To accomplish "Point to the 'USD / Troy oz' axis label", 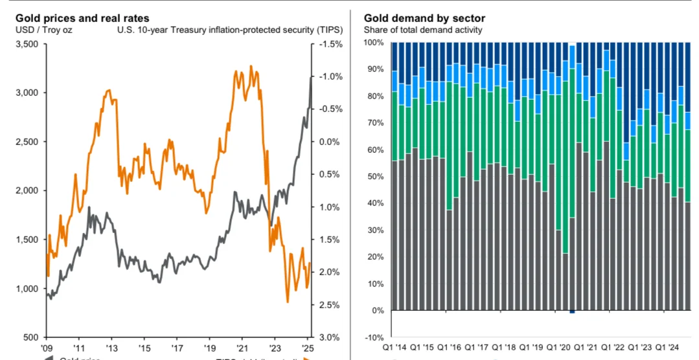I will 38,30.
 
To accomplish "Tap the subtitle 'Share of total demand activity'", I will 422,30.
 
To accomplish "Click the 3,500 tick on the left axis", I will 27,44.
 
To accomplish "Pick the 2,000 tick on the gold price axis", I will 27,190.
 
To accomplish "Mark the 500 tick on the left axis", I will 31,337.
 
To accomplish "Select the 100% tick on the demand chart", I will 376,43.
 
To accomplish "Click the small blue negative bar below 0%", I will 572,312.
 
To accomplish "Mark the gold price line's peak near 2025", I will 311,77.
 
